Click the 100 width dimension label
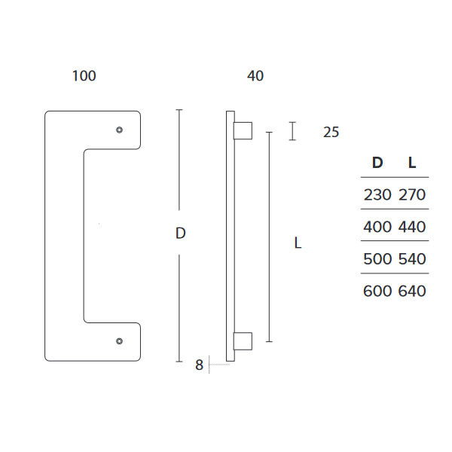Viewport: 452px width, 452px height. pos(84,76)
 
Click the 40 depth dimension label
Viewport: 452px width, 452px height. pos(255,76)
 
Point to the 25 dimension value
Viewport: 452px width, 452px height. pos(331,133)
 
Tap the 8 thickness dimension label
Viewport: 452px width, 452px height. pos(199,365)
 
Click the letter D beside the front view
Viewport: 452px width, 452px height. pos(180,234)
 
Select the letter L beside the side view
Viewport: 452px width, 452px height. pos(298,243)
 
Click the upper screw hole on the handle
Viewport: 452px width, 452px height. pos(119,131)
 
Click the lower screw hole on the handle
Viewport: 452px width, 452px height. pos(119,341)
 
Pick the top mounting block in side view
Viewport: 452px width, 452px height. pos(243,130)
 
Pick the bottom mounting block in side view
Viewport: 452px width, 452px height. pos(243,341)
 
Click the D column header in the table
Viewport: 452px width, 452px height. pos(377,162)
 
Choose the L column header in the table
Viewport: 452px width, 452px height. pos(411,162)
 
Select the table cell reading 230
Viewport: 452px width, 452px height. pos(377,194)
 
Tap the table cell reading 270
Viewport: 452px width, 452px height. pos(411,194)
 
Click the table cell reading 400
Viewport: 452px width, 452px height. pos(377,227)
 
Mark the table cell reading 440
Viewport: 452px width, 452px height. pos(411,227)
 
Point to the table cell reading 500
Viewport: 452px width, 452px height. pos(377,259)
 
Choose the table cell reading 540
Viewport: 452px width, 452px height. pos(411,259)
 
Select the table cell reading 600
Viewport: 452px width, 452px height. pos(377,291)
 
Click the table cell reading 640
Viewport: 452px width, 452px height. pos(411,291)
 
